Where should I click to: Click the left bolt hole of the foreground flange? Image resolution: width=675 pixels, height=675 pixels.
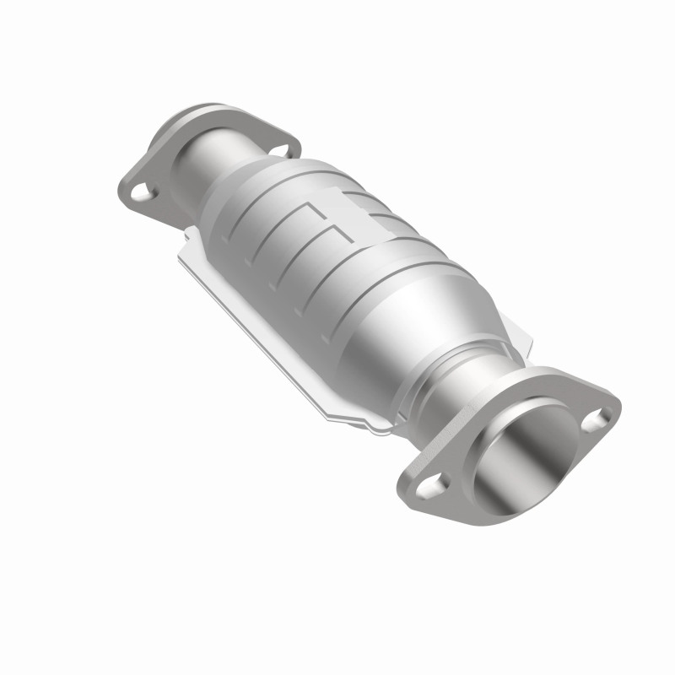pos(435,484)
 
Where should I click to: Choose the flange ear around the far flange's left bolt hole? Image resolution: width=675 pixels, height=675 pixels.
pos(135,190)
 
